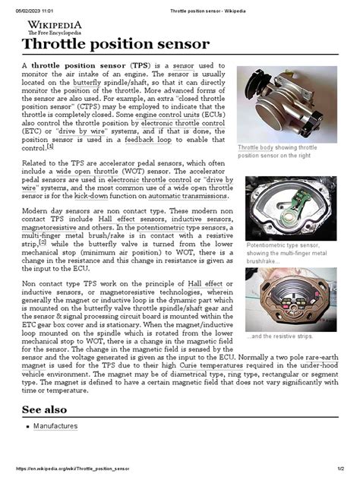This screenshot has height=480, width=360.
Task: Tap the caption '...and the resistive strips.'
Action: pyautogui.click(x=282, y=336)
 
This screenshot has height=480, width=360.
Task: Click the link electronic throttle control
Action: pyautogui.click(x=182, y=121)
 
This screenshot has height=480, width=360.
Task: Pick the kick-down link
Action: pyautogui.click(x=95, y=195)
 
